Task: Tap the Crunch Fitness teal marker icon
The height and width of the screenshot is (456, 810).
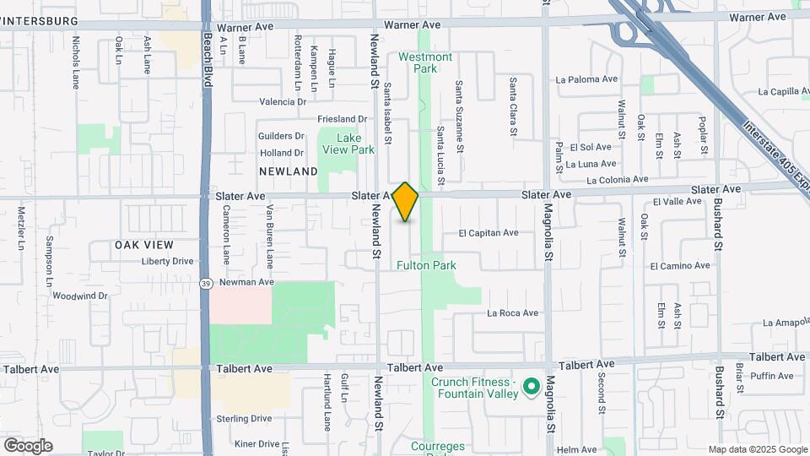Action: [532, 388]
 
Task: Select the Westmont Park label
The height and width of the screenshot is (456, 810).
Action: [425, 62]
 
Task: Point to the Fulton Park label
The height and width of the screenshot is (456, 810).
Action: [427, 265]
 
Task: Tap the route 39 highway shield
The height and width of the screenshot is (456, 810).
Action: [206, 284]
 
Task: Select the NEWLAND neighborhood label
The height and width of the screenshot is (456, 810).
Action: [288, 171]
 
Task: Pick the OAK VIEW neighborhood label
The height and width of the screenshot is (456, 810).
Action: [144, 245]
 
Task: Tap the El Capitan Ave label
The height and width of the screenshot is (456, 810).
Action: [489, 233]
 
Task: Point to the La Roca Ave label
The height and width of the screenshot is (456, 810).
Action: [512, 313]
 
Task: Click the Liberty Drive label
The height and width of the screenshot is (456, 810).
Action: [167, 261]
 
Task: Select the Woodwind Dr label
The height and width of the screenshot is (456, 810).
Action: [80, 296]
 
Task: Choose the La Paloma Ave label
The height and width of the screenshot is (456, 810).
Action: [586, 79]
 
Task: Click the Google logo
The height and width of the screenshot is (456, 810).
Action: [28, 445]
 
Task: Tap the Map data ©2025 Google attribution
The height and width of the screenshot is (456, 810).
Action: [757, 449]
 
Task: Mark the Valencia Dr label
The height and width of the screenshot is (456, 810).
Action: [283, 102]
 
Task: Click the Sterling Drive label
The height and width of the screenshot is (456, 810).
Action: [243, 418]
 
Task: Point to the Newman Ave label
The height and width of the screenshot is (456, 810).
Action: [247, 282]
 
